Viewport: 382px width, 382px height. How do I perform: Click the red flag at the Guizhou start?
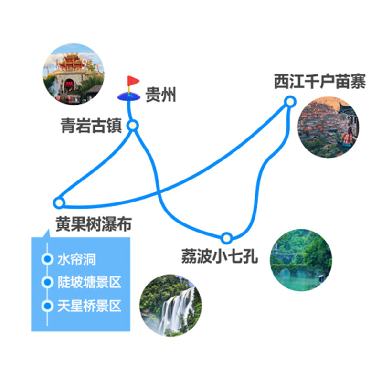pos(133,81)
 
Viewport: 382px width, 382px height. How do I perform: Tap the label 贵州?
pos(160,95)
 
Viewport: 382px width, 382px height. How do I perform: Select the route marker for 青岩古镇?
pos(133,126)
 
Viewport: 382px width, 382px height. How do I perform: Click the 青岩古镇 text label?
pos(91,126)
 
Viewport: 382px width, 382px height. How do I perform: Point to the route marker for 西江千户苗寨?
pos(290,101)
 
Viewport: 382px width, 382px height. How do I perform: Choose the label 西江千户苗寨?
pos(320,82)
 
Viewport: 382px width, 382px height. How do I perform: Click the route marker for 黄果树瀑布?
pos(59,202)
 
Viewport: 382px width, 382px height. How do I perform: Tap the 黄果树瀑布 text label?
pos(94,223)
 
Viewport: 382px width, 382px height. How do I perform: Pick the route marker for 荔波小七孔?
pos(226,238)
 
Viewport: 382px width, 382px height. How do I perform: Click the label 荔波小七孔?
pos(220,256)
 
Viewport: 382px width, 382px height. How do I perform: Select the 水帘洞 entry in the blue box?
pos(77,259)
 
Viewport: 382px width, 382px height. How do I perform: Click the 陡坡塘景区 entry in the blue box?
pos(89,282)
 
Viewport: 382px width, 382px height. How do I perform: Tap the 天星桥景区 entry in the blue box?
pos(89,306)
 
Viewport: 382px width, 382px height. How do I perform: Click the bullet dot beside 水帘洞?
pos(47,259)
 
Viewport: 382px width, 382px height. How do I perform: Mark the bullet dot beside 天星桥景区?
pos(47,306)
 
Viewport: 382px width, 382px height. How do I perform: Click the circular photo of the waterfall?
pos(170,306)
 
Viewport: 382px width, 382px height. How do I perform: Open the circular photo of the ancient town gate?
pos(74,74)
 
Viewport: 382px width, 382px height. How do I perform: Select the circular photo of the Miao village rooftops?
pos(328,127)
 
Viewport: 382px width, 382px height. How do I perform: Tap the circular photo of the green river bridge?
pos(301,260)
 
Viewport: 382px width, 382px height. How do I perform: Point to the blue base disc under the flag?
pos(128,96)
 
